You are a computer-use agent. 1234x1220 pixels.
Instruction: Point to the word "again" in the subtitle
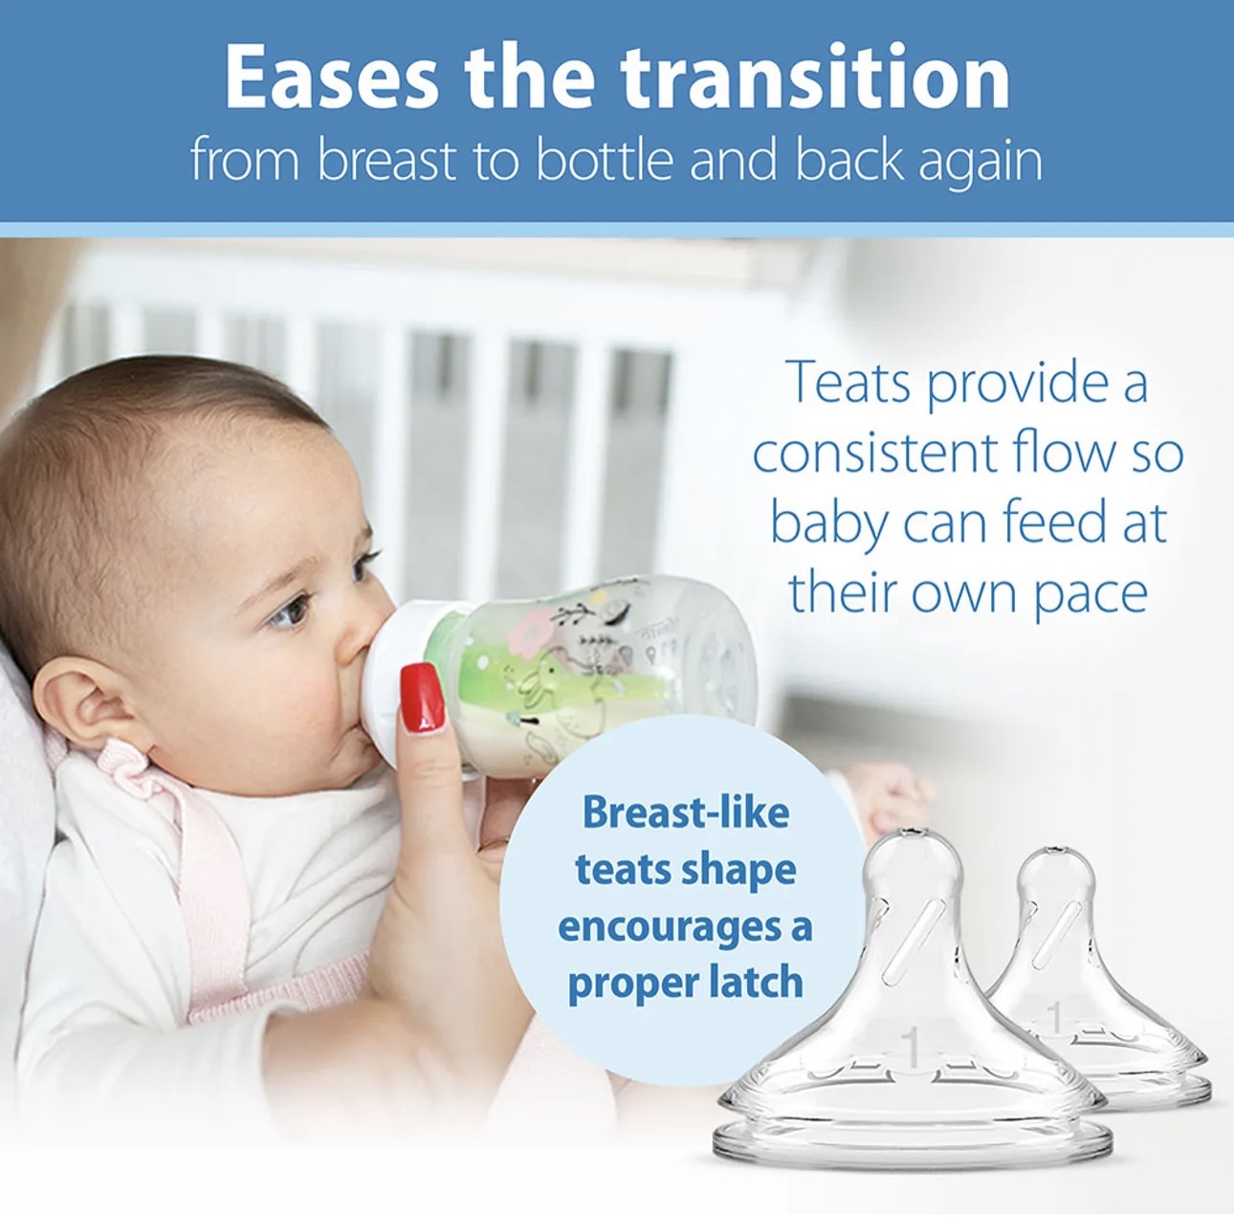[x=981, y=164]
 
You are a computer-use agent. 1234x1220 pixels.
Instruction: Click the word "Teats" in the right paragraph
[x=851, y=382]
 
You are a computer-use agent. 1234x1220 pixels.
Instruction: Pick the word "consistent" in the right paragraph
[x=873, y=453]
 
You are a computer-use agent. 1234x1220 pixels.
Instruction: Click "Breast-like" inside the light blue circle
[x=685, y=812]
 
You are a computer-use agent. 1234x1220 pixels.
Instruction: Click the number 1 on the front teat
[x=912, y=1049]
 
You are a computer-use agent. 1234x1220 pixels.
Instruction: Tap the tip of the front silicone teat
[x=912, y=831]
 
